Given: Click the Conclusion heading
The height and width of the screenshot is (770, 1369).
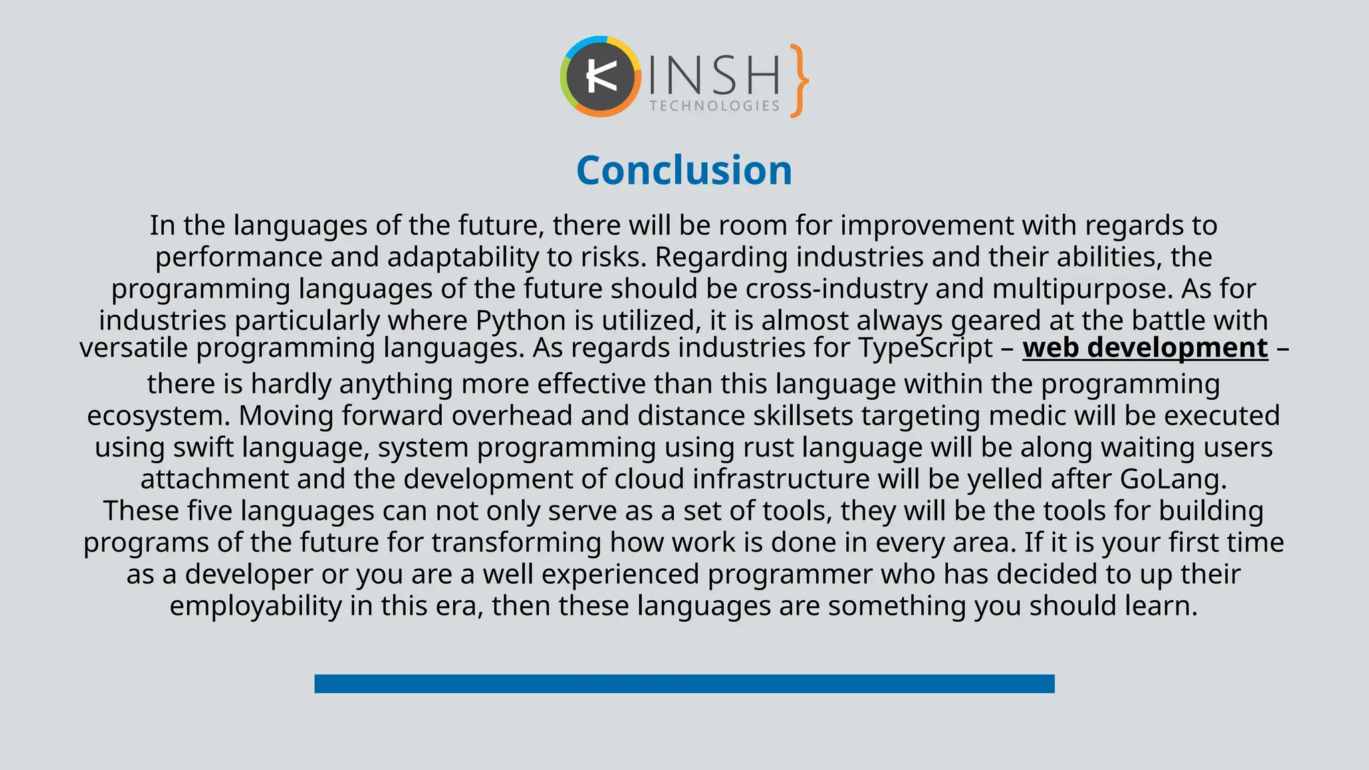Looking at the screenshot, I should (x=684, y=170).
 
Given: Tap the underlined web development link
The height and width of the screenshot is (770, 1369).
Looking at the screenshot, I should (x=1145, y=348).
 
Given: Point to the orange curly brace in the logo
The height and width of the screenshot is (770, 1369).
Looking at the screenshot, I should (x=799, y=81).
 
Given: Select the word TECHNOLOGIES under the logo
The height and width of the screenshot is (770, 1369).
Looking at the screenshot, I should (x=715, y=106).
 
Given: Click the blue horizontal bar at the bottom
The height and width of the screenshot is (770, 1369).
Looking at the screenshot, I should (x=684, y=683).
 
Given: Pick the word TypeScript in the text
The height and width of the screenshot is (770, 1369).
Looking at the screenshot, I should (x=926, y=348).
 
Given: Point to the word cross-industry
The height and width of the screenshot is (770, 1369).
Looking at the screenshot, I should (x=836, y=289).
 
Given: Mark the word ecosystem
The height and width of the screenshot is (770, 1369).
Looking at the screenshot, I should (x=158, y=416).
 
